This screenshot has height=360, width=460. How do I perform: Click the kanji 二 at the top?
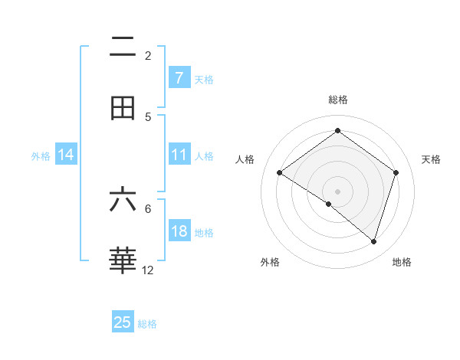[123, 48]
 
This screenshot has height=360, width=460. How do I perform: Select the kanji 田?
[123, 108]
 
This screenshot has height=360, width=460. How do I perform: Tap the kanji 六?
[123, 201]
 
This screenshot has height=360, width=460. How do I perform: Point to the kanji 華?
[123, 260]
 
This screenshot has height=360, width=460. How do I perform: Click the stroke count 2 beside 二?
[148, 56]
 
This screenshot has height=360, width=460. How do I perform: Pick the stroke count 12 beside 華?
[148, 270]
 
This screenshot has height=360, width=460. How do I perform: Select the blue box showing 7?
[179, 77]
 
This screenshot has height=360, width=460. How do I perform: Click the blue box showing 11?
[179, 155]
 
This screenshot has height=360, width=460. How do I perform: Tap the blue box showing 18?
[179, 231]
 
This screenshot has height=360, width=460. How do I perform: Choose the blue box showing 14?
[66, 155]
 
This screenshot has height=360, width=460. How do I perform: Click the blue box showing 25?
[123, 322]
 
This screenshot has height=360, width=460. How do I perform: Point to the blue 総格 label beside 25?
[147, 324]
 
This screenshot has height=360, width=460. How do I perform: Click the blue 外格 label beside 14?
[41, 156]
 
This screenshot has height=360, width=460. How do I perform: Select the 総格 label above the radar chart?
[337, 100]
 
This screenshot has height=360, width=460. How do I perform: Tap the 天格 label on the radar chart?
[431, 159]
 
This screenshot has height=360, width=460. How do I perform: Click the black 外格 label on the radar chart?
[270, 263]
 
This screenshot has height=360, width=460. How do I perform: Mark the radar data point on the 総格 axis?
[337, 130]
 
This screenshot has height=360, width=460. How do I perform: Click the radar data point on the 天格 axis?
[396, 172]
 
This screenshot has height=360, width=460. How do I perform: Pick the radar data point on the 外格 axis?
[329, 205]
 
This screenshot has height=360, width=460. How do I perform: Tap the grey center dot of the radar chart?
[337, 191]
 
